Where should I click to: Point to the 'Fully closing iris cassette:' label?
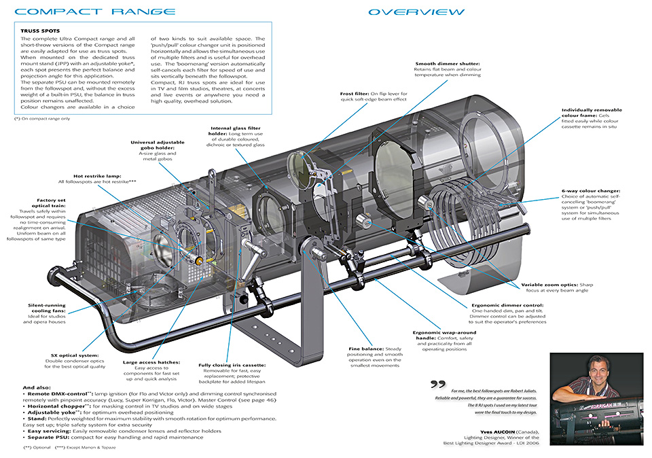pos(232,366)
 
